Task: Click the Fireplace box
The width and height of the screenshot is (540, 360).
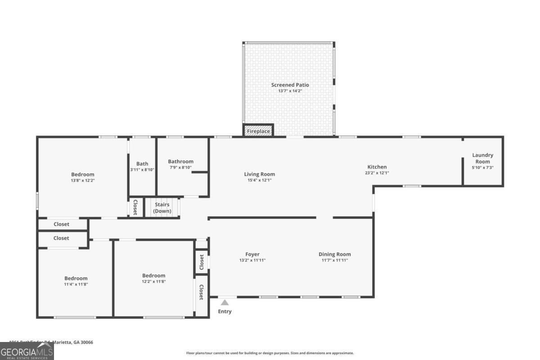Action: coord(258,131)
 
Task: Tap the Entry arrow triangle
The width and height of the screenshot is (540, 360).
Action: coord(225,303)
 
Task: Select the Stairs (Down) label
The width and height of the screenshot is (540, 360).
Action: coord(162,208)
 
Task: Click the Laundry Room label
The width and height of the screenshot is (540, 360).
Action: coord(482,158)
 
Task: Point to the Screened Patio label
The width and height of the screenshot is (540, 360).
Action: coord(290,85)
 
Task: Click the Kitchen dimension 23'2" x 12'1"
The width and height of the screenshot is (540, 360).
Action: coord(377,173)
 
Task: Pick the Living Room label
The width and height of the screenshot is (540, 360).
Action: coord(259,174)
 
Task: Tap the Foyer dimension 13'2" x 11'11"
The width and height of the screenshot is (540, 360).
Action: coord(252,260)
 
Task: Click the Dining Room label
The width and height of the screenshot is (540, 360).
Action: coord(334,254)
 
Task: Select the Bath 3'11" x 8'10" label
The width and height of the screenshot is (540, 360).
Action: coord(142,166)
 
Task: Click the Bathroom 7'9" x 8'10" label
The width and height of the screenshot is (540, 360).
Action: coord(180,164)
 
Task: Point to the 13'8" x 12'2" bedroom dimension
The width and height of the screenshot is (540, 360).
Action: coord(83,180)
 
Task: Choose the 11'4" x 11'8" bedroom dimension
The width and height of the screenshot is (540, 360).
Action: coord(76,284)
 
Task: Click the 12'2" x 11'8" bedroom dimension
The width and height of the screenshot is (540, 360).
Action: coord(153,281)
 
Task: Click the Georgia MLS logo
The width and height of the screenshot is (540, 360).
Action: coord(27,351)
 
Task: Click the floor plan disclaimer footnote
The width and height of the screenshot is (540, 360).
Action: coord(270,353)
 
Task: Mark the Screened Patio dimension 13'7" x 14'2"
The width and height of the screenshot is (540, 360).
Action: coord(290,91)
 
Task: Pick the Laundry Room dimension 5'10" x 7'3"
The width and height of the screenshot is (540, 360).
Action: coord(482,167)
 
